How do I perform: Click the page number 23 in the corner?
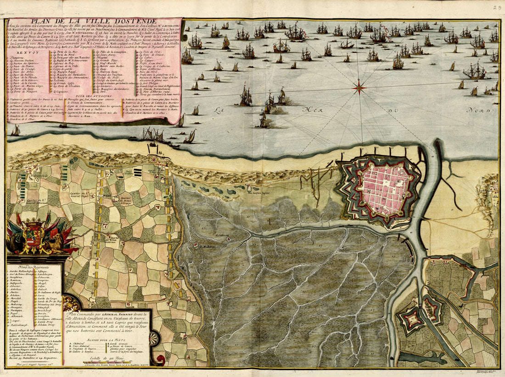(498, 7)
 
